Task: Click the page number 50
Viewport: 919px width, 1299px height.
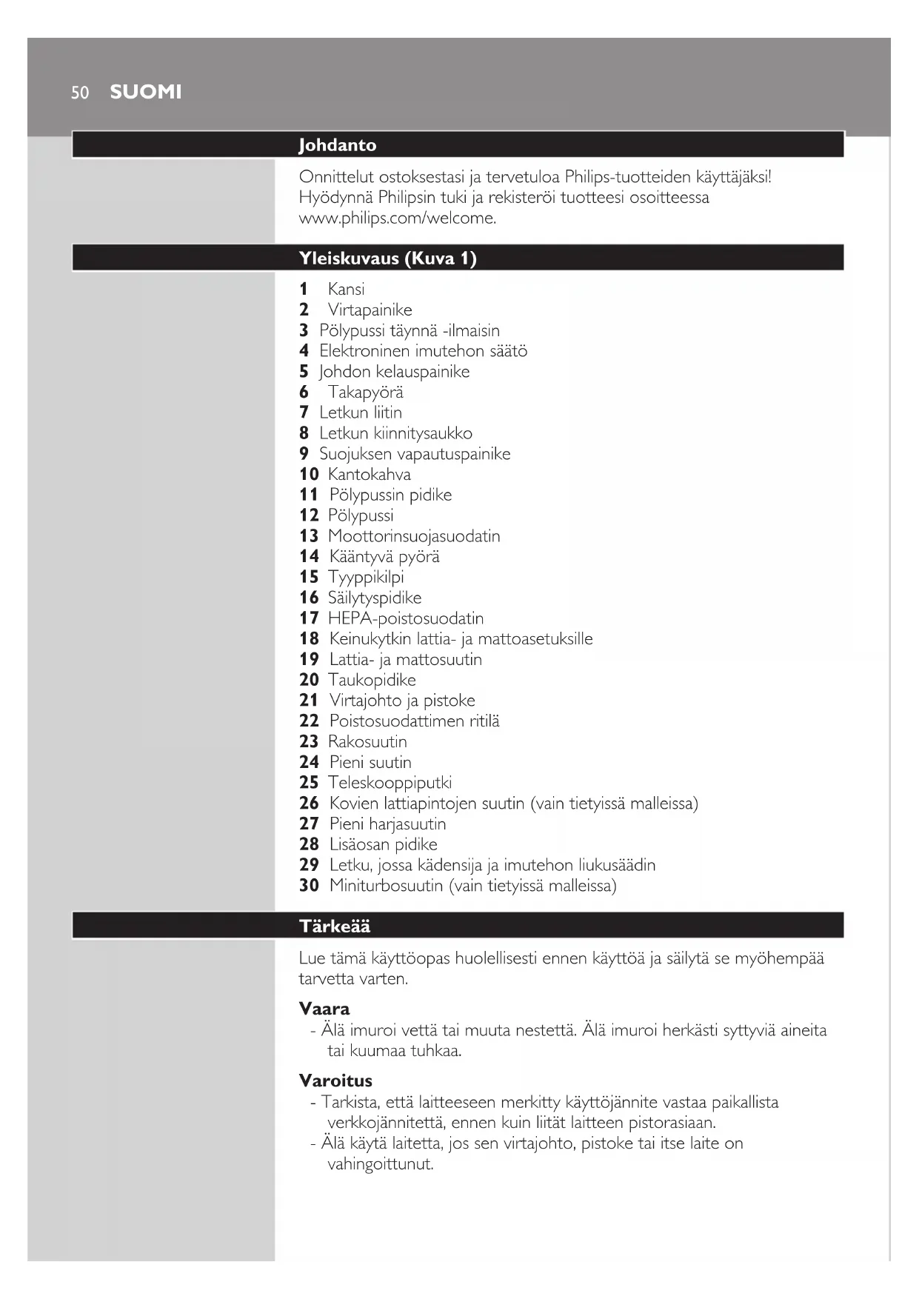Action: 80,93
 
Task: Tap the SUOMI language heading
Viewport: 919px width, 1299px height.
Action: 146,92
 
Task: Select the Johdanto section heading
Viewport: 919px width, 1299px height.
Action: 337,144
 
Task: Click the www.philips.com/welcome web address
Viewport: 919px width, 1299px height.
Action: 397,218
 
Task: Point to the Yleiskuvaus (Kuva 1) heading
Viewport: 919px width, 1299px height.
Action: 387,258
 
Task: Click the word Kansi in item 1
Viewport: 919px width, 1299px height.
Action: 346,289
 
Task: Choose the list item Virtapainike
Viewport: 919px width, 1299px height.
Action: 370,310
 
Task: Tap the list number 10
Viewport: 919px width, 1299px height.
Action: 309,474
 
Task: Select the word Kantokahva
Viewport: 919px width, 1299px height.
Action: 369,474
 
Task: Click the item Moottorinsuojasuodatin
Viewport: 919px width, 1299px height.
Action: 414,535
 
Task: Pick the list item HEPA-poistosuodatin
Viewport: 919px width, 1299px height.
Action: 406,618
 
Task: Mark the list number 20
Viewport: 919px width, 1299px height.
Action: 309,679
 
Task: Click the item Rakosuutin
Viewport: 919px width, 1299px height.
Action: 367,741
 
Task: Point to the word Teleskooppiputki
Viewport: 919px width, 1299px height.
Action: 390,782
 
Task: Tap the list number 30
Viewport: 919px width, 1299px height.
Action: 309,885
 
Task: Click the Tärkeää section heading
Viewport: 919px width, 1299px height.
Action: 334,926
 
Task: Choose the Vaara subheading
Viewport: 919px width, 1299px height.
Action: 324,1008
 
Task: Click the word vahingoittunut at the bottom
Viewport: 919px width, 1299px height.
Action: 380,1163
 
